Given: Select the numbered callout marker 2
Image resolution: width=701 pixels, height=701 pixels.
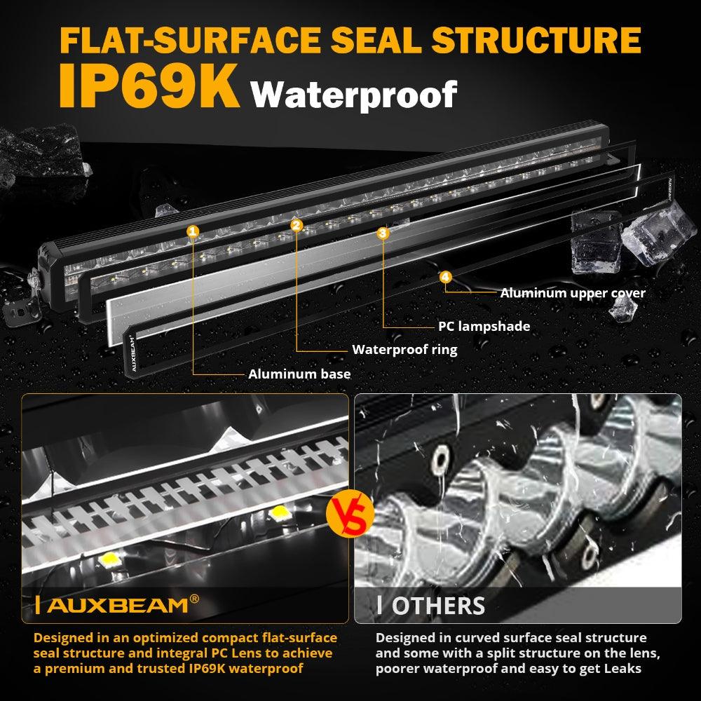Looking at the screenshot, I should point(297,225).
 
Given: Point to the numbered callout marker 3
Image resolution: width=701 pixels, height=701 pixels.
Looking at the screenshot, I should point(383,233).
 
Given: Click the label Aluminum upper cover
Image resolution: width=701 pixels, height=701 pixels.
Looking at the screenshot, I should point(572,293).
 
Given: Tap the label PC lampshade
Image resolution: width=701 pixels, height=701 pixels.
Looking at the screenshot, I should point(484,326).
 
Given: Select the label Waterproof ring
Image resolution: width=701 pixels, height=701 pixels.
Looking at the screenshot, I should point(404,349).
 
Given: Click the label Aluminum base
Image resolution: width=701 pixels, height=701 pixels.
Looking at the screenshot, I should point(299,374).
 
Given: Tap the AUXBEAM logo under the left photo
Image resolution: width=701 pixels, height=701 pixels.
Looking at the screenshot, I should point(116,604).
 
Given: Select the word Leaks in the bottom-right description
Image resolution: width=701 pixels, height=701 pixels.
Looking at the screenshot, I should point(617,669).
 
